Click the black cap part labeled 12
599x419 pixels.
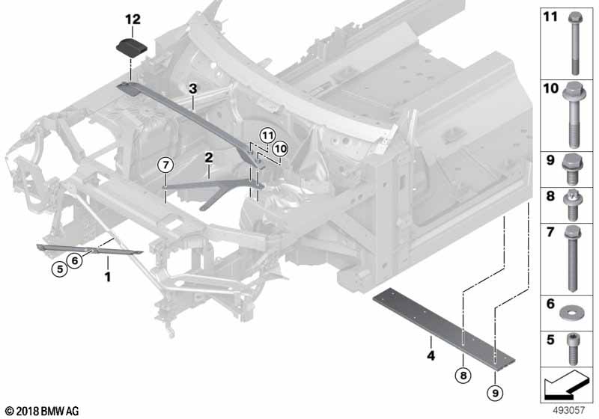pos(132,48)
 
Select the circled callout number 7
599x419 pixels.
pos(165,165)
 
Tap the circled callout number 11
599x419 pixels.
pos(267,135)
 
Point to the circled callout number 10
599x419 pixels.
pos(280,149)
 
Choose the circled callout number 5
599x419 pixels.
pos(60,269)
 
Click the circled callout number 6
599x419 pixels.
pos(74,260)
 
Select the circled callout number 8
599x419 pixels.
pos(463,376)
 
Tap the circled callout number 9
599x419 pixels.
pos(495,392)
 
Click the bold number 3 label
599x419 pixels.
pos(193,88)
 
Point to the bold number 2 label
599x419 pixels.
pos(209,157)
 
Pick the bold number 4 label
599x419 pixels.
pos(431,355)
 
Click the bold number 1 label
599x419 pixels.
pos(108,277)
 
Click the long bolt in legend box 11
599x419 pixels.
pos(574,43)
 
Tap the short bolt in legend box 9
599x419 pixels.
pos(571,169)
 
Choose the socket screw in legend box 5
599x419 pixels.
pos(572,349)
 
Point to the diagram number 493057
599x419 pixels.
pos(568,410)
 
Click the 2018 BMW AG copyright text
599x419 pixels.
pos(43,411)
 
